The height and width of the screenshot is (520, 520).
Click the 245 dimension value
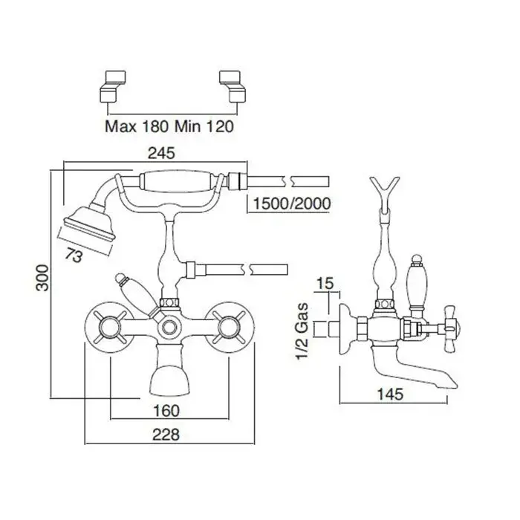click(161, 154)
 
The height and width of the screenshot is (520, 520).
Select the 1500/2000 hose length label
click(291, 203)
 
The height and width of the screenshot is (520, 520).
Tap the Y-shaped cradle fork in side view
click(385, 189)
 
